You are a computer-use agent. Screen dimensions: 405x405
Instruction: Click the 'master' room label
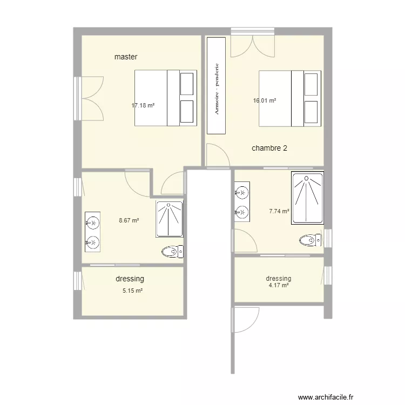click(126, 57)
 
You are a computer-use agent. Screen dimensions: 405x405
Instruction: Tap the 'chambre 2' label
click(269, 148)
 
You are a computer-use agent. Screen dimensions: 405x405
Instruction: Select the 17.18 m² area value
click(143, 105)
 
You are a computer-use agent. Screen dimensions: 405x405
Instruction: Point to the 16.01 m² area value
click(265, 100)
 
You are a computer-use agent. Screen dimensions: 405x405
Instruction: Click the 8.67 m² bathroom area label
click(129, 220)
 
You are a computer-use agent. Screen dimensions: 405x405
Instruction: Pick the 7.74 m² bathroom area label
click(279, 212)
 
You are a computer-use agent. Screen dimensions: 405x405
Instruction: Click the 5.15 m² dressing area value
click(132, 291)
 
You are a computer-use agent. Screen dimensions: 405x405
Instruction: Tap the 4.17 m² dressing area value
click(279, 286)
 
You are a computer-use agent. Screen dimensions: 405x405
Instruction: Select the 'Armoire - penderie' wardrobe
click(216, 85)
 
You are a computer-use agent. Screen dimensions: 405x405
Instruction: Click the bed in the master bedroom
click(164, 98)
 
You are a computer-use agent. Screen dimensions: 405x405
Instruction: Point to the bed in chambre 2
click(290, 98)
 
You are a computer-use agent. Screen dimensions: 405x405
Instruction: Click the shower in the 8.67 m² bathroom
click(170, 219)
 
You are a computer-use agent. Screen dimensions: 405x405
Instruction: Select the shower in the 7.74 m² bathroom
click(307, 198)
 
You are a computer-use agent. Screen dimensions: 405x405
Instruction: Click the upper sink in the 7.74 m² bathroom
click(242, 192)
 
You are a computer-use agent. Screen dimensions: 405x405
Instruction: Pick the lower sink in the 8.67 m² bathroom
click(93, 243)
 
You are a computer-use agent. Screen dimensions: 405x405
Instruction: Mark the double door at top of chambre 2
click(253, 43)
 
